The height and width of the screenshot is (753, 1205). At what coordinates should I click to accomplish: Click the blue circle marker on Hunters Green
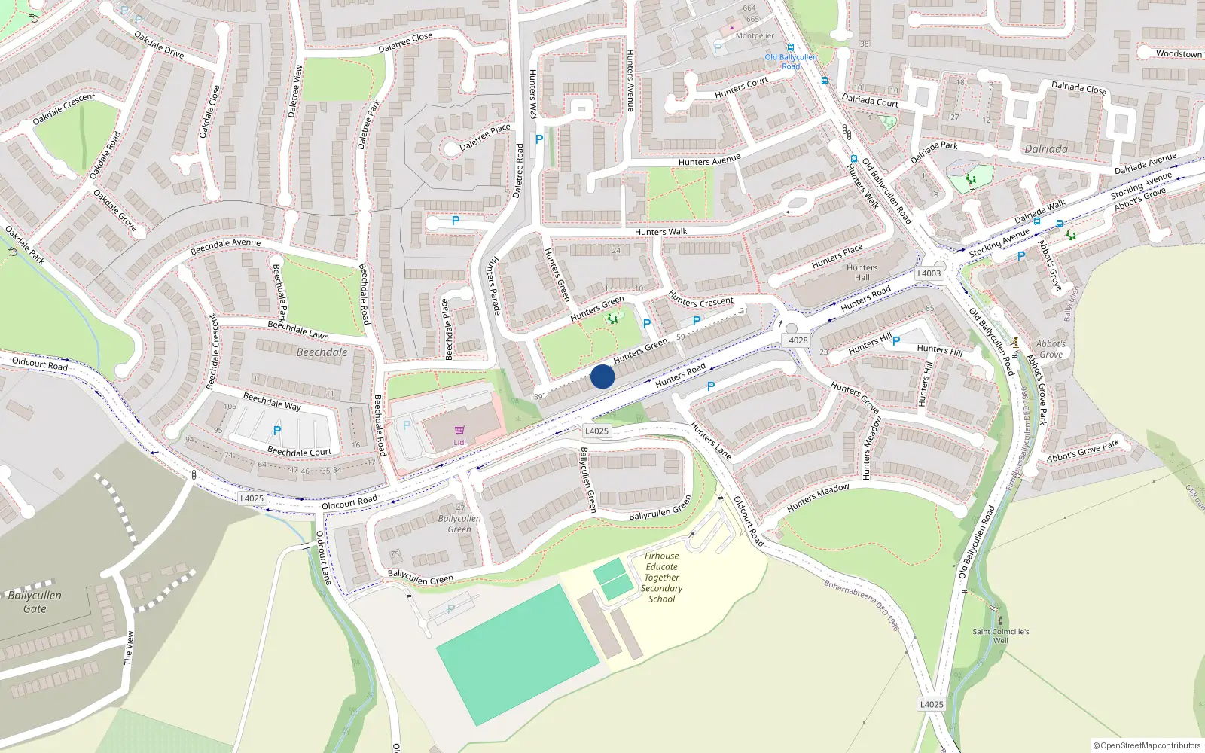pyautogui.click(x=602, y=376)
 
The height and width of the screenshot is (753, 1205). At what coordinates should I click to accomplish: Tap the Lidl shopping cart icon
pyautogui.click(x=459, y=431)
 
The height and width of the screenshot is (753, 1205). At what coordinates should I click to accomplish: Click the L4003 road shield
pyautogui.click(x=929, y=273)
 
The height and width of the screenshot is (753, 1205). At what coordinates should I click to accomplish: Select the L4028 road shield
pyautogui.click(x=796, y=340)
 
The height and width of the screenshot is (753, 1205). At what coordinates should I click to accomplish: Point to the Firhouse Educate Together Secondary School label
pyautogui.click(x=661, y=578)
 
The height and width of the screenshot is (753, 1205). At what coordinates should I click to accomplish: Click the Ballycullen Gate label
pyautogui.click(x=35, y=602)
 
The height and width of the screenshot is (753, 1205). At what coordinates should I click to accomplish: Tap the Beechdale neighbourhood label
pyautogui.click(x=322, y=352)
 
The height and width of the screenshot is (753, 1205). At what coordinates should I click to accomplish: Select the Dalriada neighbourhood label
pyautogui.click(x=1045, y=149)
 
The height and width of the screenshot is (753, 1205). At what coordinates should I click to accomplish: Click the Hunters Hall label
pyautogui.click(x=862, y=273)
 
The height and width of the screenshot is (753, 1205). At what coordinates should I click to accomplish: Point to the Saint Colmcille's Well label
pyautogui.click(x=1000, y=636)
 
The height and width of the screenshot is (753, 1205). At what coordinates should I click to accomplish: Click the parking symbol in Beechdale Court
pyautogui.click(x=276, y=431)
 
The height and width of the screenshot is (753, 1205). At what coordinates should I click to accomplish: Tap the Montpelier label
pyautogui.click(x=755, y=35)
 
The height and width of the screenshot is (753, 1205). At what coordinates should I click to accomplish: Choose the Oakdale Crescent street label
pyautogui.click(x=64, y=109)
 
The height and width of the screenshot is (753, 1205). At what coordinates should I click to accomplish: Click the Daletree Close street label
pyautogui.click(x=405, y=42)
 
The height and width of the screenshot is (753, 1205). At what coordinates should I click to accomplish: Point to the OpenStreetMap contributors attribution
pyautogui.click(x=1147, y=745)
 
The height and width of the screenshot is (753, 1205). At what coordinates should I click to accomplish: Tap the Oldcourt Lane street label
pyautogui.click(x=322, y=558)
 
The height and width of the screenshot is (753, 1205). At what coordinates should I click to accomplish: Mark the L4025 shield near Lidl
pyautogui.click(x=596, y=431)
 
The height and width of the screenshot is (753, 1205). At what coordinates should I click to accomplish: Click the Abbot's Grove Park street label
pyautogui.click(x=1083, y=452)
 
